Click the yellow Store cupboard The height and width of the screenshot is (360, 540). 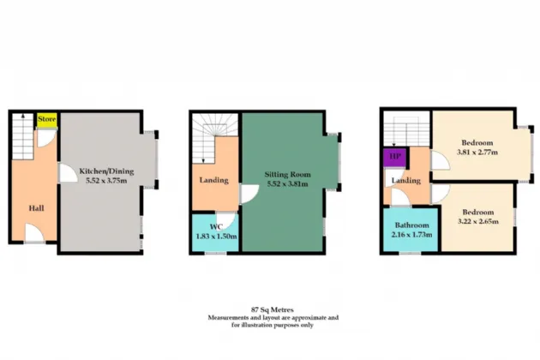point(47,120)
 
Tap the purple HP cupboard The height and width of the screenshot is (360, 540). point(394,157)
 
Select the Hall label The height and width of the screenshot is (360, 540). point(36,208)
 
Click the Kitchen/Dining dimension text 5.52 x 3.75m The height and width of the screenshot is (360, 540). point(106,180)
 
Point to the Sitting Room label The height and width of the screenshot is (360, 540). point(287,174)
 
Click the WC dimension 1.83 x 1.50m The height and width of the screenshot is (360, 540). point(216,237)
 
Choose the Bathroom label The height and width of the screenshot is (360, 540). point(412,225)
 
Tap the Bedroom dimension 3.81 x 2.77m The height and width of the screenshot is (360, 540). point(477,152)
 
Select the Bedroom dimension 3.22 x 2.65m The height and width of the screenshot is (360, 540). point(478,221)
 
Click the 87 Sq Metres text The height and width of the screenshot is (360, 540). point(273,309)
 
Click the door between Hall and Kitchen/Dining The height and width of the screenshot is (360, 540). point(69,172)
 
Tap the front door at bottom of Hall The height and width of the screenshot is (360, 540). point(34,232)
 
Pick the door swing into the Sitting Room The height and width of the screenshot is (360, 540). point(249,195)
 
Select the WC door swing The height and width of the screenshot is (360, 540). point(225,219)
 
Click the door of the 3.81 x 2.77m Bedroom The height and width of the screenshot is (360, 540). point(440,160)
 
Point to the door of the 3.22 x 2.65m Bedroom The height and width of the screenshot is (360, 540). point(441,194)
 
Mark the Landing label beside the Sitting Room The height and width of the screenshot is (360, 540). point(214,180)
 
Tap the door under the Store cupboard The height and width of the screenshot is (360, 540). point(46,138)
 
